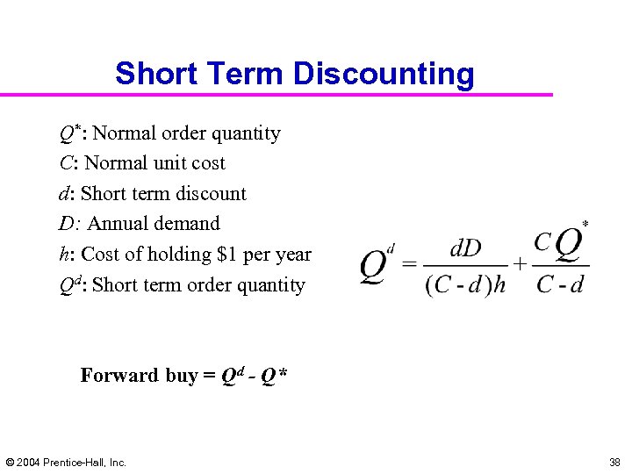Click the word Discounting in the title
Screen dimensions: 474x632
coord(384,74)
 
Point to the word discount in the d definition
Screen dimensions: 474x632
coord(212,194)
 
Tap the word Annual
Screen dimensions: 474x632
coord(117,224)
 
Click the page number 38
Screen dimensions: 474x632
coord(614,462)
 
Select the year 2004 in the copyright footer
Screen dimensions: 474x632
coord(32,462)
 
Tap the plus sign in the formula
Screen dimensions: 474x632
coord(520,263)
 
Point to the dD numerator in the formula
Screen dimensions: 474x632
coord(465,248)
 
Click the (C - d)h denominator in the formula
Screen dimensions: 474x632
coord(465,285)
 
